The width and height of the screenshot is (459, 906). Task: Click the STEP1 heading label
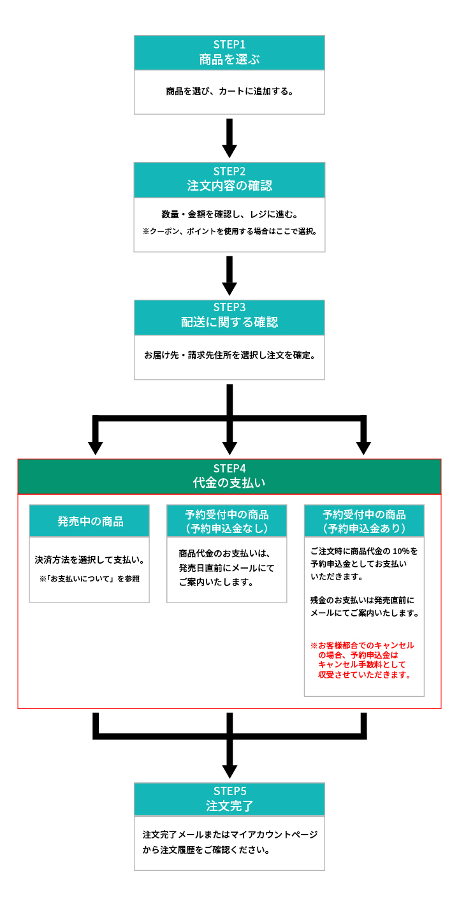pos(229,44)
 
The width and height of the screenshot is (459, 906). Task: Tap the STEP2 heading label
pos(229,171)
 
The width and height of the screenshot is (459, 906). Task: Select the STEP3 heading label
pos(229,307)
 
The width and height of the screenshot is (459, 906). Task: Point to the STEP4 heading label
pos(229,469)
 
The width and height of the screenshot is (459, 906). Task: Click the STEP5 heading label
pos(229,791)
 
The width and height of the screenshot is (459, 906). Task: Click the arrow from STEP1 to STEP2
pos(229,138)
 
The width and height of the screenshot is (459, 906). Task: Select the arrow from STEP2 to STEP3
pos(229,275)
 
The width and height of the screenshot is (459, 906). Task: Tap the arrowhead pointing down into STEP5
pos(229,771)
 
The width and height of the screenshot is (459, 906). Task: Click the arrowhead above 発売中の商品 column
pos(96,448)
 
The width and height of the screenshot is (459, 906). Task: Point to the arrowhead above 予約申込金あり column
pos(363,448)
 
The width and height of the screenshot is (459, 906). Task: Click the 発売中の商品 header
pos(90,522)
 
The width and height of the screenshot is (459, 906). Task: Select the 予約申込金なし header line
pos(227,528)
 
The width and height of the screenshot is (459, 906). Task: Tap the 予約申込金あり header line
pos(364,528)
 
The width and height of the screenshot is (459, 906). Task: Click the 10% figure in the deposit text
pos(401,551)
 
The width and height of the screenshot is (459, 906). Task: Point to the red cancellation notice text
pos(362,660)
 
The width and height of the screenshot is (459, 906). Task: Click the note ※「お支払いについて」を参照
pos(89,579)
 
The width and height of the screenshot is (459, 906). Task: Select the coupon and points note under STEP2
pos(229,231)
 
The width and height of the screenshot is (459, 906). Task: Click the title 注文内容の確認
pos(229,186)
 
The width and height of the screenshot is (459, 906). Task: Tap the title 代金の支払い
pos(229,483)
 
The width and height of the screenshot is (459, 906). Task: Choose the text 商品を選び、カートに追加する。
pos(229,91)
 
